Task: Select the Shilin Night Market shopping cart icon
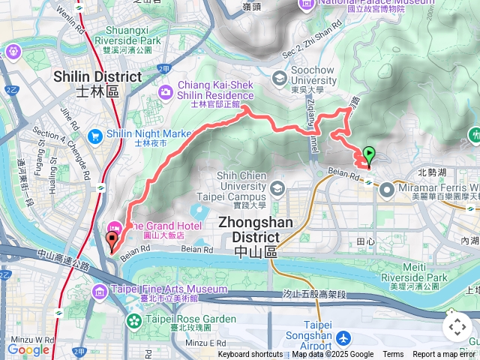click(x=94, y=136)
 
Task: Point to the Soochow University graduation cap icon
click(x=280, y=77)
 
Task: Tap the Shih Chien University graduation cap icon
click(x=278, y=187)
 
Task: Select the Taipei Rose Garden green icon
click(x=133, y=321)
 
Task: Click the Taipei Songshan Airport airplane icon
click(x=343, y=338)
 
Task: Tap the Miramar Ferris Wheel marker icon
click(x=387, y=190)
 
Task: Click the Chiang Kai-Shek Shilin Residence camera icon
click(x=165, y=91)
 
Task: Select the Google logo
click(x=28, y=349)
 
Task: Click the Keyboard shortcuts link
click(x=250, y=355)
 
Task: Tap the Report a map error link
click(x=445, y=355)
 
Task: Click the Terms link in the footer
click(x=393, y=355)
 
